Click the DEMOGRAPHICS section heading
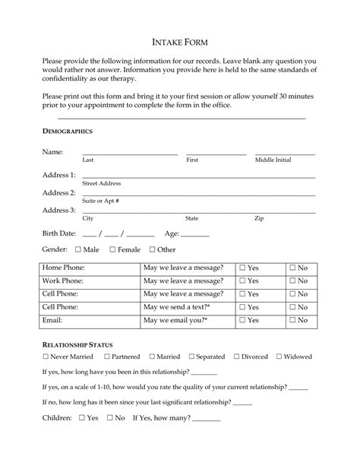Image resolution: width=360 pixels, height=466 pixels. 68,132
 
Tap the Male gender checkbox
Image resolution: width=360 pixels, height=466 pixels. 77,249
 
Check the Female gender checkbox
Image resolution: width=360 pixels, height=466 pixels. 112,249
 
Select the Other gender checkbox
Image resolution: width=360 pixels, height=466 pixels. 152,249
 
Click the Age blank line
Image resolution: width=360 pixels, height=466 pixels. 194,236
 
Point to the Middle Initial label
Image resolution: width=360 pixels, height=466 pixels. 273,160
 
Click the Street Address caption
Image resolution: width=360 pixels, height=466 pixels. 101,183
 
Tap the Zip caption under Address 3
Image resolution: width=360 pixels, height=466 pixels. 259,218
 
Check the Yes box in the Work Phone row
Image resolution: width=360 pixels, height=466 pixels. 242,281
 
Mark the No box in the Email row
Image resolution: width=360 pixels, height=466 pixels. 292,321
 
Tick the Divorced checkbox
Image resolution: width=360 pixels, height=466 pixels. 237,357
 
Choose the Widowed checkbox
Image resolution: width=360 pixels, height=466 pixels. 279,357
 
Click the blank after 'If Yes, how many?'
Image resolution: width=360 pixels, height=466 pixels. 207,420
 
